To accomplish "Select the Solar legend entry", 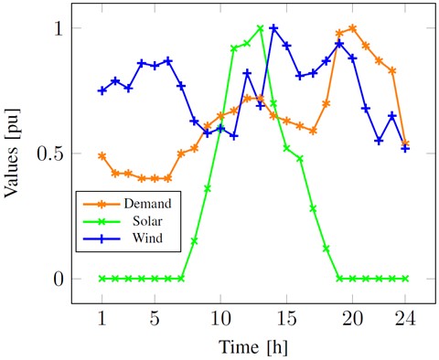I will (153, 221).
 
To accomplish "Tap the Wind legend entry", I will (152, 239).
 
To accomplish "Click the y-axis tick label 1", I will (57, 28).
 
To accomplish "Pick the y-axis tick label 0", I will (57, 279).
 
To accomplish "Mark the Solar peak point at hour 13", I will (261, 28).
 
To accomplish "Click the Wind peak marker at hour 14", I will (273, 28).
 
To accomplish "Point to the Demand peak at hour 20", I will (353, 28).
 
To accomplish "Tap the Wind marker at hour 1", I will (102, 90).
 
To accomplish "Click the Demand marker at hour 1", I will (102, 156).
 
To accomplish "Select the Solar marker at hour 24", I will (405, 279).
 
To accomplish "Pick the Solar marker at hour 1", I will (102, 279).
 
